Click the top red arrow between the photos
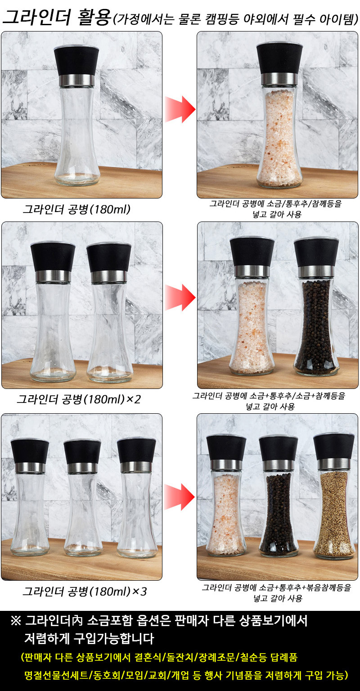pos(180,109)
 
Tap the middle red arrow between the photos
pos(180,298)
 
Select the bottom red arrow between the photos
pos(180,497)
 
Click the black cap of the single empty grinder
pos(76,60)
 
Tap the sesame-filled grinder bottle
pos(334,496)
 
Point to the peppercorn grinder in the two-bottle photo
pos(316,307)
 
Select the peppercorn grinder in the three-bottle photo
pos(279,497)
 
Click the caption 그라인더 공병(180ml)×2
pos(79,399)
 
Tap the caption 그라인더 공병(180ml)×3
pos(85,592)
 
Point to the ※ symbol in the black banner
pos(16,621)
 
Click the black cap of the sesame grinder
pos(334,447)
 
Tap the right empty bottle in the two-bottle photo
pos(109,312)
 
